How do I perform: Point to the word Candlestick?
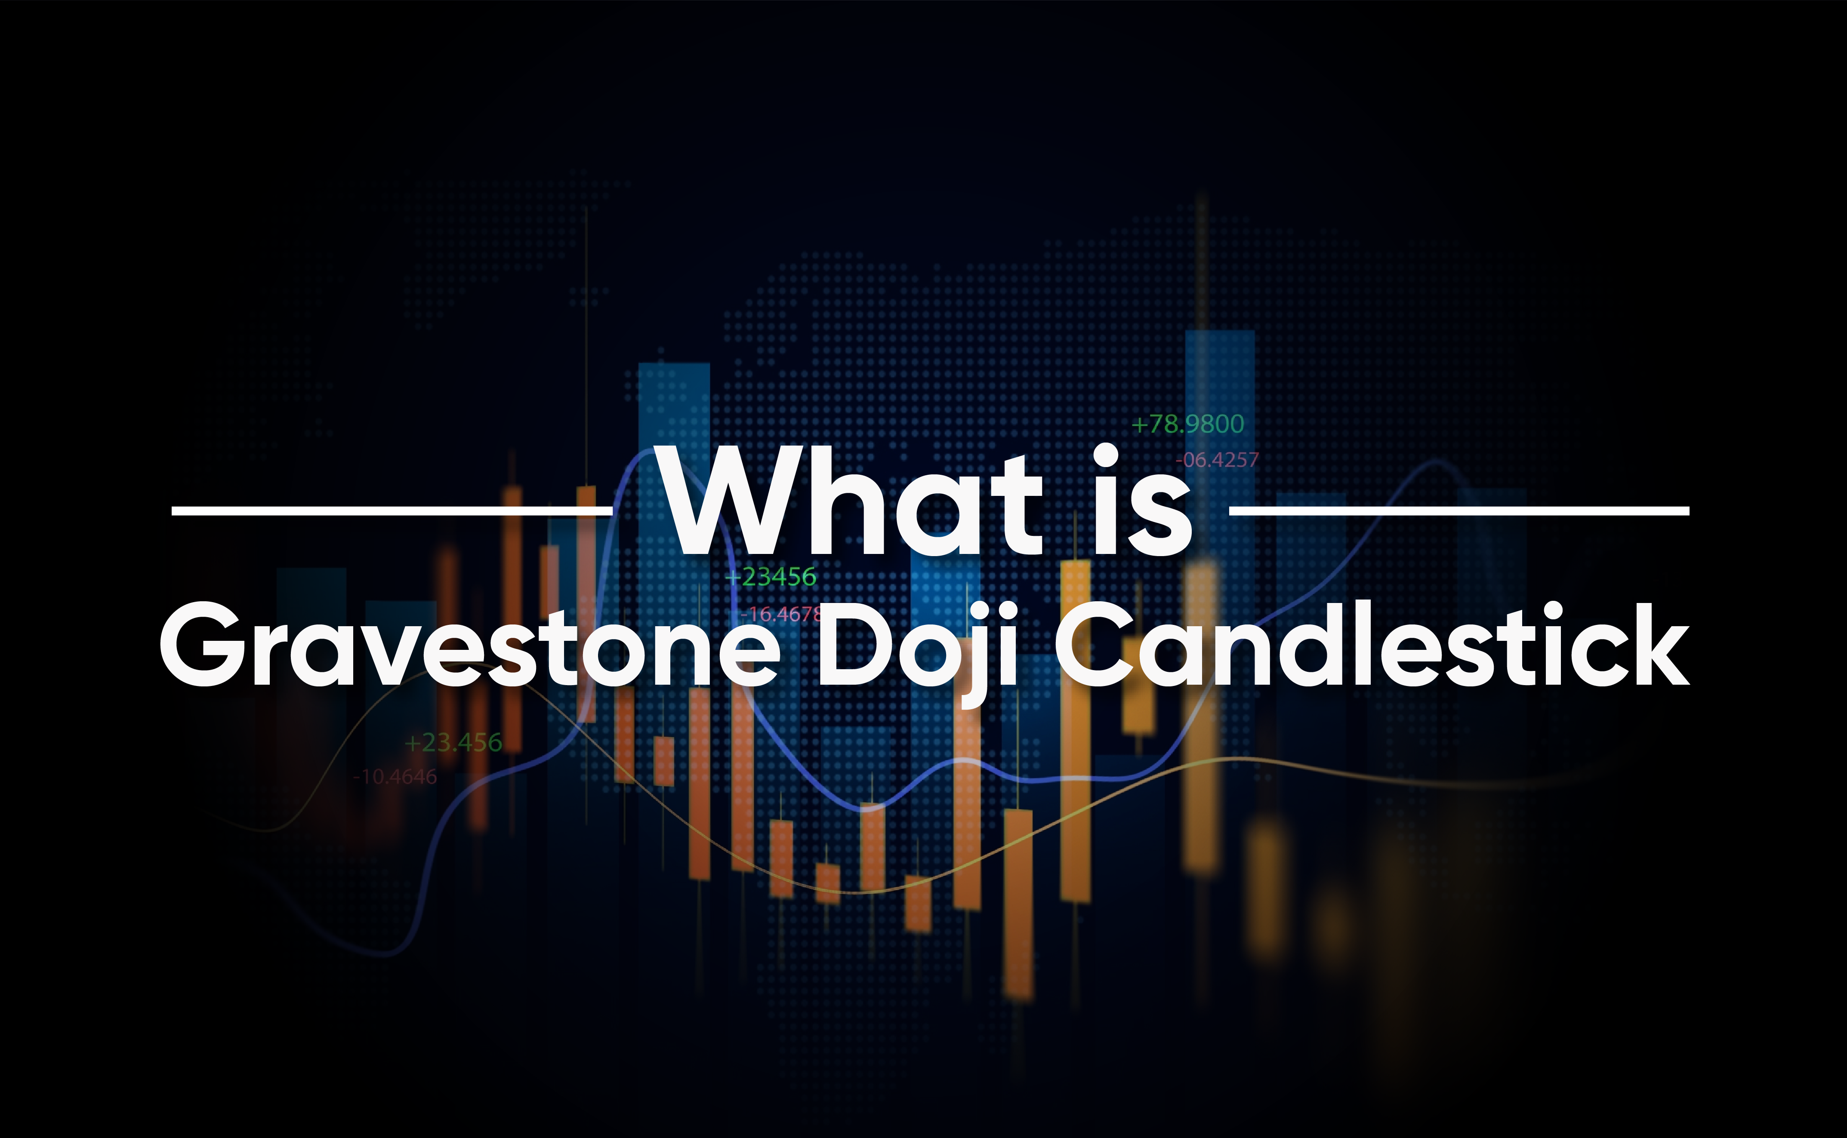[x=1372, y=644]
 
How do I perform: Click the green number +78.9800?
[x=1187, y=424]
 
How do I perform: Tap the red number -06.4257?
[x=1217, y=460]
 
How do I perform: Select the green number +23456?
[x=771, y=577]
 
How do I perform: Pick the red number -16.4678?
[x=781, y=614]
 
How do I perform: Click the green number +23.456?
[x=453, y=743]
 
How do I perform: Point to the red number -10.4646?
[x=395, y=777]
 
